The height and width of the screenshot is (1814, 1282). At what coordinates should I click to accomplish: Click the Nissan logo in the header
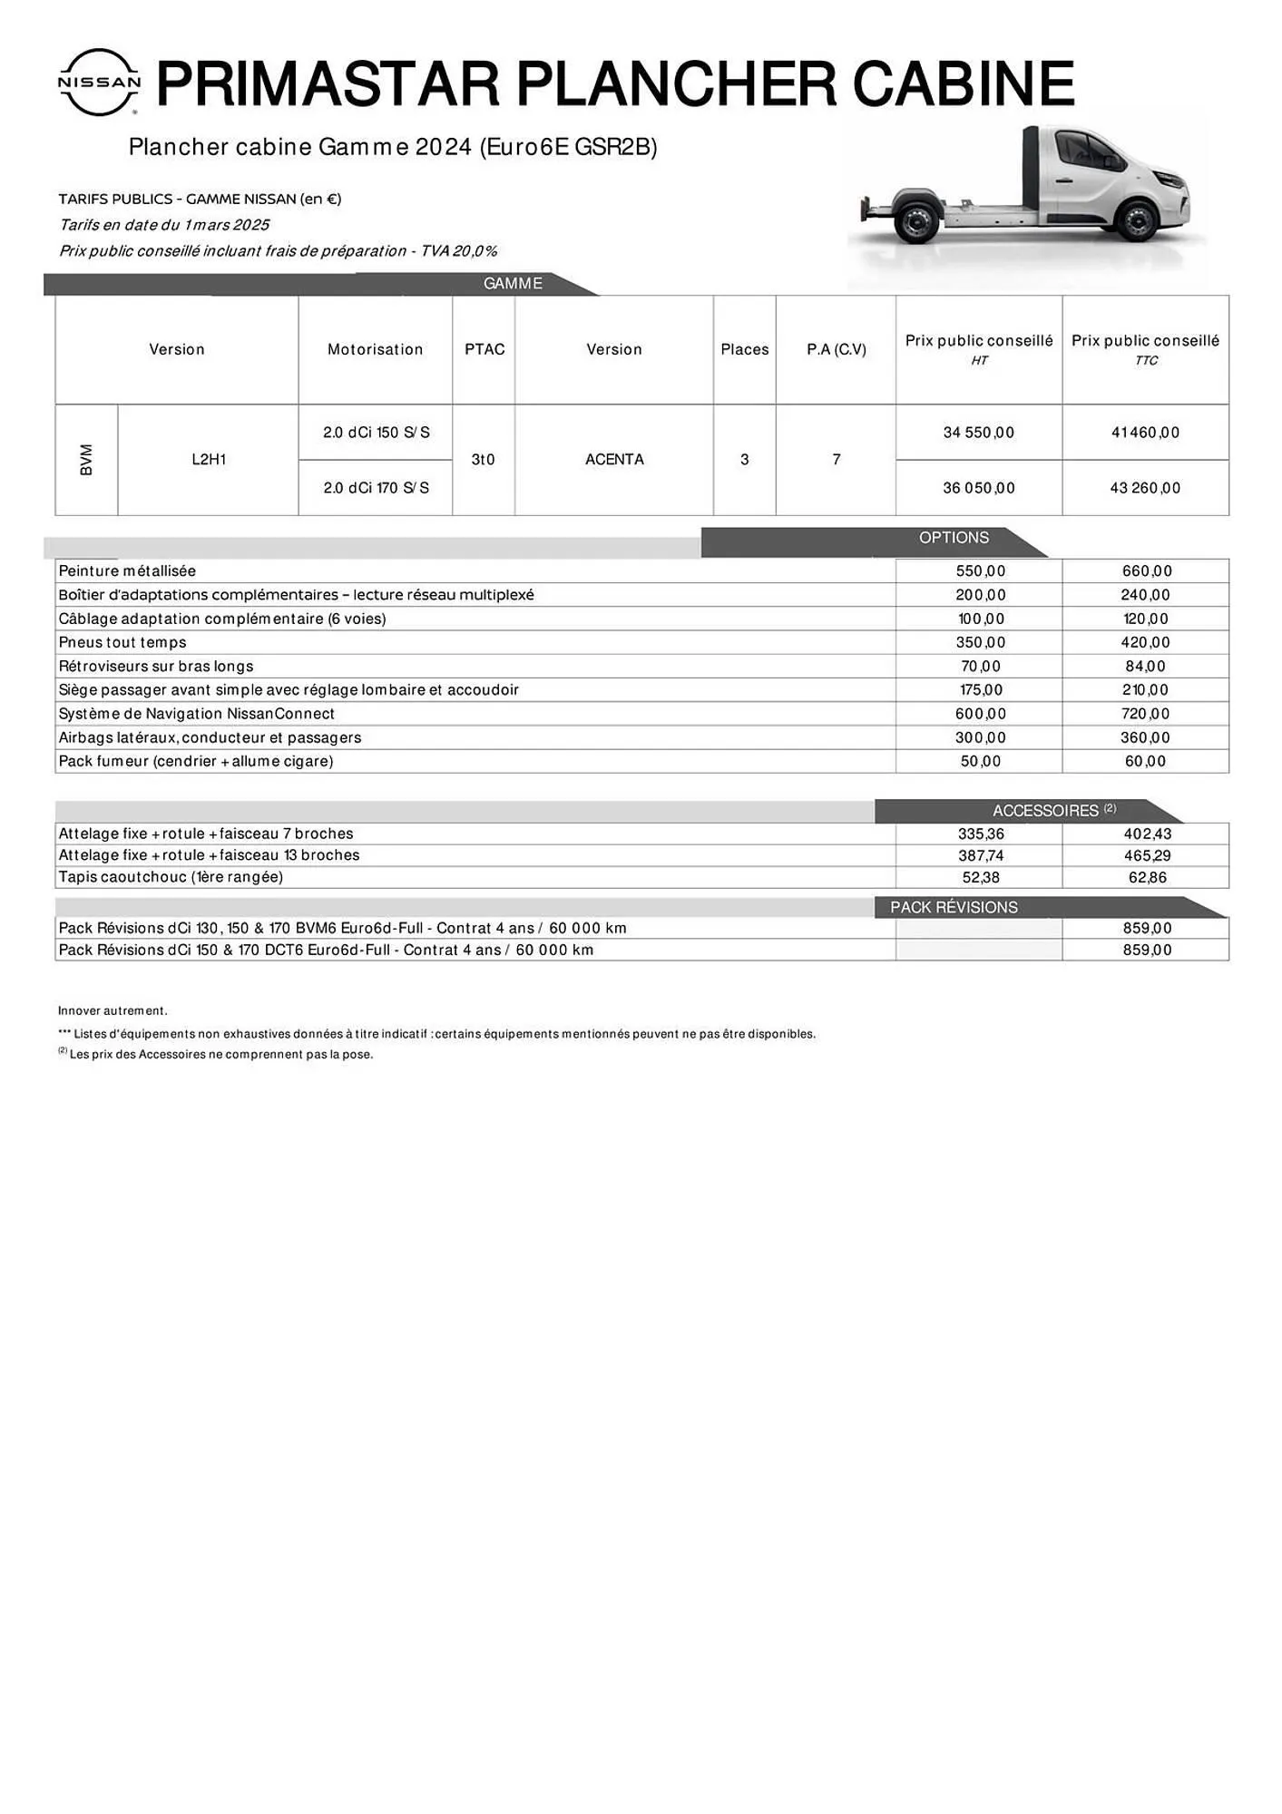tap(99, 83)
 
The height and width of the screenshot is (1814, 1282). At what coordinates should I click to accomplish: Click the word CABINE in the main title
tap(964, 83)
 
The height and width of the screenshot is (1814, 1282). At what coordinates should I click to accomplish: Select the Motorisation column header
tap(375, 349)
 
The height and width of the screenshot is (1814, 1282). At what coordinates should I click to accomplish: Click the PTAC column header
tap(484, 349)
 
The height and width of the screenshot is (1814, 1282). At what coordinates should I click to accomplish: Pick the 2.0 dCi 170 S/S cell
tap(376, 488)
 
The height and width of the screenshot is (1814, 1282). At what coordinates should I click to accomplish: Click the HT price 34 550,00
tap(978, 433)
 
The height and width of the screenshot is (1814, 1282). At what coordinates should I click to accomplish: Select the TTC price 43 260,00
tap(1145, 488)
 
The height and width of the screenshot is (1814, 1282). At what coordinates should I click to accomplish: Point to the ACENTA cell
tap(614, 460)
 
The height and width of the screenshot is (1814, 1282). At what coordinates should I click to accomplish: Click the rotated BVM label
tap(86, 460)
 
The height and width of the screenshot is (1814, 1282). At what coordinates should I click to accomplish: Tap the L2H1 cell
tap(209, 460)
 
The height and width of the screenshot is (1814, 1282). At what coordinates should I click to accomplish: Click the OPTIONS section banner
tap(954, 538)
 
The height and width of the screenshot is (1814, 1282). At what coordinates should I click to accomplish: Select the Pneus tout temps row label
tap(122, 642)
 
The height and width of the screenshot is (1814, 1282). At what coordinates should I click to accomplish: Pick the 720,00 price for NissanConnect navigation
tap(1145, 714)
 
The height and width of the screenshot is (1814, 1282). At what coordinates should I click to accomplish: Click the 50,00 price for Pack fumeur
tap(980, 761)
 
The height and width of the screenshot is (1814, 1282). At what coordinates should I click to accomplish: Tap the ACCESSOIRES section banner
tap(1045, 811)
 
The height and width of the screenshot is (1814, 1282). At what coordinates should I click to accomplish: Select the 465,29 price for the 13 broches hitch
tap(1147, 855)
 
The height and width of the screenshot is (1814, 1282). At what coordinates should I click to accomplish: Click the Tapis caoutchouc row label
tap(171, 877)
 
